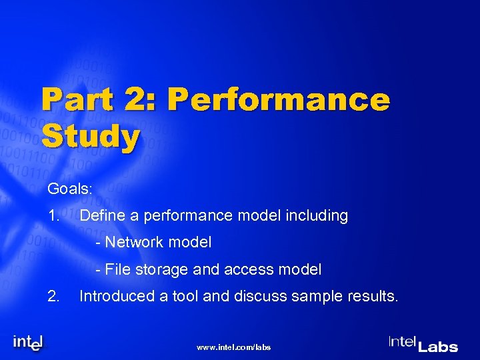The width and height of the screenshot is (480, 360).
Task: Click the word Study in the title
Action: [91, 137]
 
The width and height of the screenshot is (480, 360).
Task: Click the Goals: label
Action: [70, 189]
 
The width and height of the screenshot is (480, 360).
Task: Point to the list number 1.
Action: [54, 215]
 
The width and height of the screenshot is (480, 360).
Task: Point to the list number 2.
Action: [54, 296]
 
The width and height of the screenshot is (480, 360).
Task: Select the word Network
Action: [132, 243]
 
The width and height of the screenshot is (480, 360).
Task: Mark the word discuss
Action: [258, 296]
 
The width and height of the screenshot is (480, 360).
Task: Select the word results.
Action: [371, 296]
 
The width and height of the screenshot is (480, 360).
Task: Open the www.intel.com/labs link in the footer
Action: [235, 347]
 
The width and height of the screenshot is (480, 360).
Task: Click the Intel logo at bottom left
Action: [29, 342]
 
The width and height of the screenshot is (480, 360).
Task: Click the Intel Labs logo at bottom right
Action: [423, 343]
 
